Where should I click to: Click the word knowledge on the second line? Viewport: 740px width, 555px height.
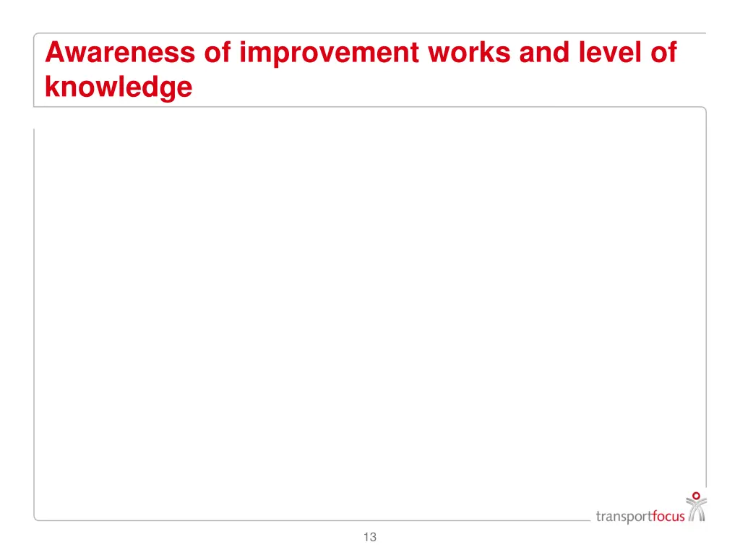coord(119,87)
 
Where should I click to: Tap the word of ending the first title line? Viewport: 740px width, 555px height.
coord(664,53)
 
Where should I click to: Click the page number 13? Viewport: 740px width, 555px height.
coord(370,537)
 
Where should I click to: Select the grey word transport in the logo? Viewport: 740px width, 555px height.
coord(624,516)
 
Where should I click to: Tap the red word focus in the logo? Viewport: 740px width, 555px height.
coord(668,516)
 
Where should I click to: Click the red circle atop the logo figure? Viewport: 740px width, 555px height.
coord(697,496)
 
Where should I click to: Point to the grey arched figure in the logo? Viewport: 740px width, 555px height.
coord(697,511)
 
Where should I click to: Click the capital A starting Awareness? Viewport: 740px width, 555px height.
coord(53,53)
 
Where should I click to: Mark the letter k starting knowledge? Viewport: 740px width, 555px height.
coord(51,87)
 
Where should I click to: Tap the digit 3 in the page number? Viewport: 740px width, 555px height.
coord(373,537)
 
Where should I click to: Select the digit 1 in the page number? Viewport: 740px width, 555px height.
coord(366,537)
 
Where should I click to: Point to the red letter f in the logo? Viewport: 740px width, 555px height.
coord(654,515)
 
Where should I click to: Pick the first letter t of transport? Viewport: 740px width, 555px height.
coord(598,516)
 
